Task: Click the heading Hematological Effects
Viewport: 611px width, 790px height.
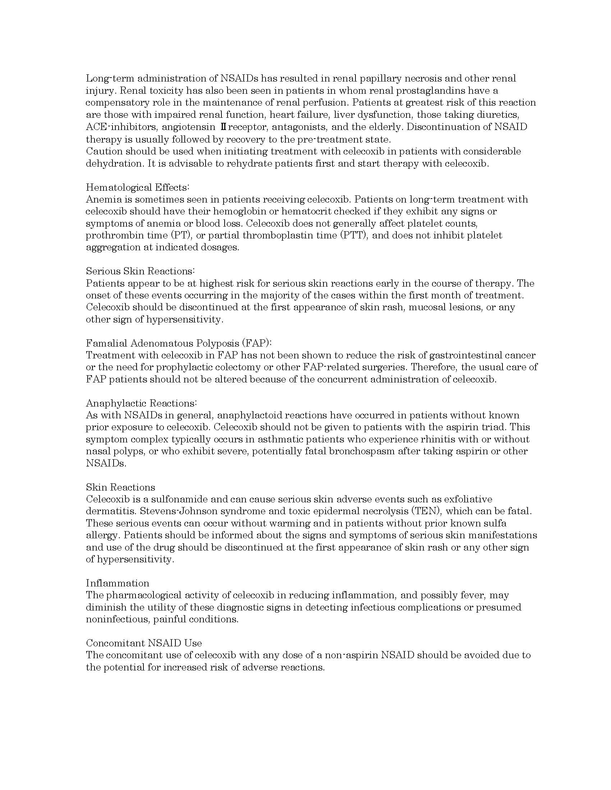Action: [x=138, y=187]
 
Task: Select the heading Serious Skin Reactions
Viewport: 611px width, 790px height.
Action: [x=141, y=271]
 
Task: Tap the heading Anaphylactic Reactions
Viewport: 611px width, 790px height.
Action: [x=141, y=403]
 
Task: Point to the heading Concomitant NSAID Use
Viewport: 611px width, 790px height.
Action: [x=144, y=643]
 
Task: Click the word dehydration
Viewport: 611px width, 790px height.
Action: [x=114, y=163]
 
